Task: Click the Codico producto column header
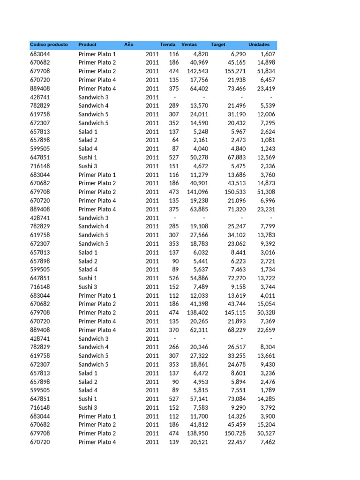(49, 45)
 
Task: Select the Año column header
(129, 45)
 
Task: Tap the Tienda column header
(167, 45)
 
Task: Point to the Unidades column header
(259, 45)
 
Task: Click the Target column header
(218, 45)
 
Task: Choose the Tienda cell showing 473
(174, 192)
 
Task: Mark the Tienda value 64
(175, 140)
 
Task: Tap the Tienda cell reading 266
(174, 347)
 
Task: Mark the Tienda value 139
(174, 442)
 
